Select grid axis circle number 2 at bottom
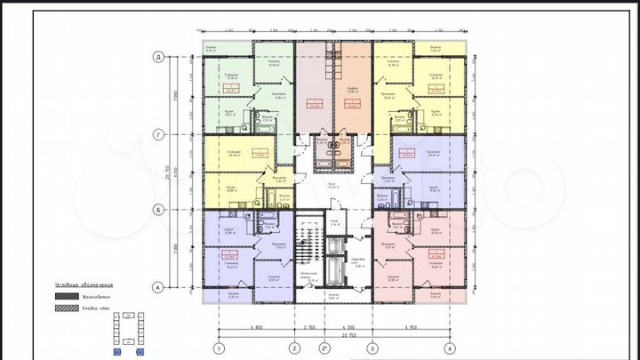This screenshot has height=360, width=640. (x=293, y=348)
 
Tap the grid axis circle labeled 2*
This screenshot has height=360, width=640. (x=324, y=348)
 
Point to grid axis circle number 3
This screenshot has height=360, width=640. (x=372, y=348)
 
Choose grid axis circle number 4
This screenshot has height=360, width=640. (x=450, y=348)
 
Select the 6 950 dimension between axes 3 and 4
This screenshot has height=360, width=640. (x=411, y=326)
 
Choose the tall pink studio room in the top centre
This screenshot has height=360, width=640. (x=313, y=89)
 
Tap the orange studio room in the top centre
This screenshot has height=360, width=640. (x=352, y=89)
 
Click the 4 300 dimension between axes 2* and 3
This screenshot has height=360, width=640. (x=348, y=326)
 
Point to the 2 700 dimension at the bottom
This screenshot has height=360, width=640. (x=308, y=326)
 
